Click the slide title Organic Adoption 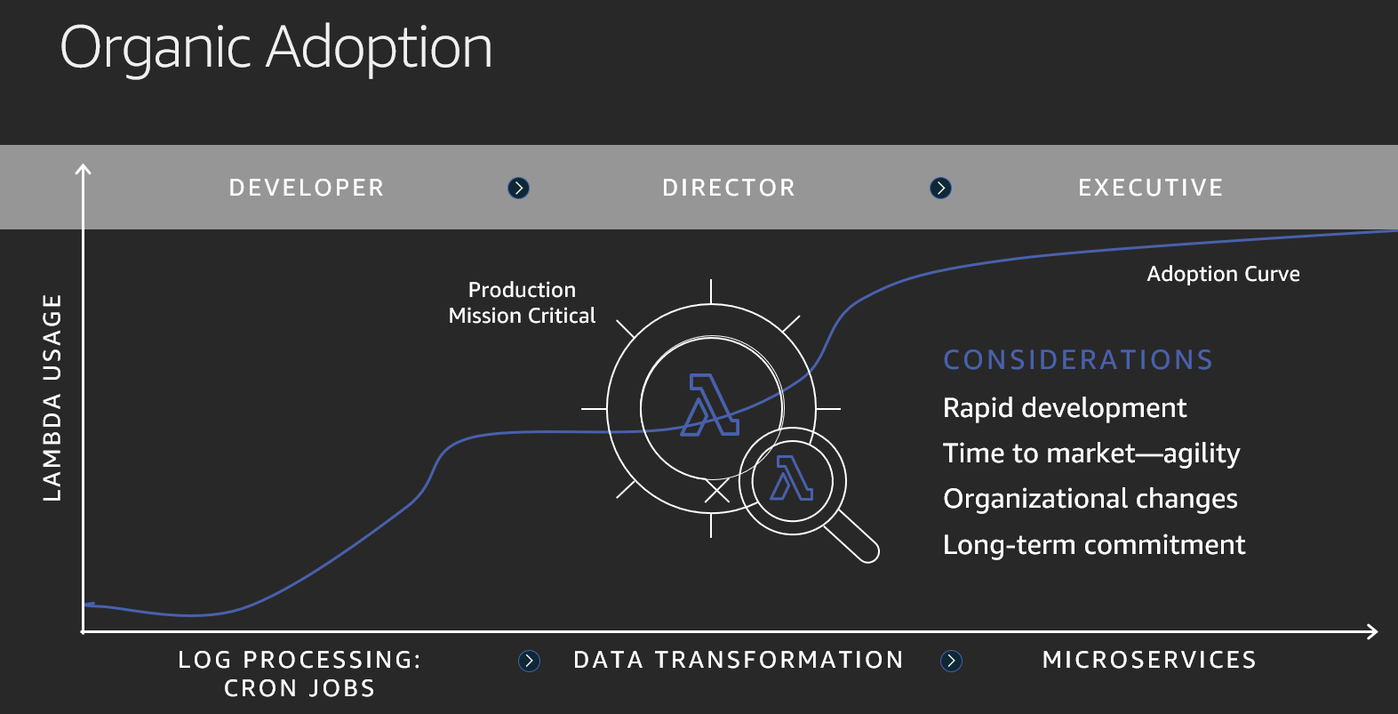[x=276, y=49]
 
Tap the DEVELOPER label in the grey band [x=307, y=188]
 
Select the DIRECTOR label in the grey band [x=729, y=188]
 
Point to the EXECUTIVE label [x=1151, y=188]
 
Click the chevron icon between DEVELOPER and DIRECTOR [x=519, y=188]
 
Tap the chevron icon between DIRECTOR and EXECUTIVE [x=940, y=188]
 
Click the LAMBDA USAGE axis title [x=52, y=397]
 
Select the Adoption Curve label [x=1223, y=274]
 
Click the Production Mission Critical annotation [x=522, y=302]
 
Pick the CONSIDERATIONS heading [x=1078, y=360]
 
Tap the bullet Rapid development [x=1065, y=408]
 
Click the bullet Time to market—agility [x=1091, y=453]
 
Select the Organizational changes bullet [x=1090, y=499]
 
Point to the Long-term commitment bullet [x=1094, y=545]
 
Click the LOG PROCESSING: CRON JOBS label [x=300, y=674]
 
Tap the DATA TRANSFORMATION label [x=739, y=660]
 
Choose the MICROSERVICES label [x=1150, y=660]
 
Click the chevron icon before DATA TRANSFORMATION [x=529, y=661]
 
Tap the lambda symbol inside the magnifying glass [x=791, y=478]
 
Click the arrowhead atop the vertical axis [x=83, y=169]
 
